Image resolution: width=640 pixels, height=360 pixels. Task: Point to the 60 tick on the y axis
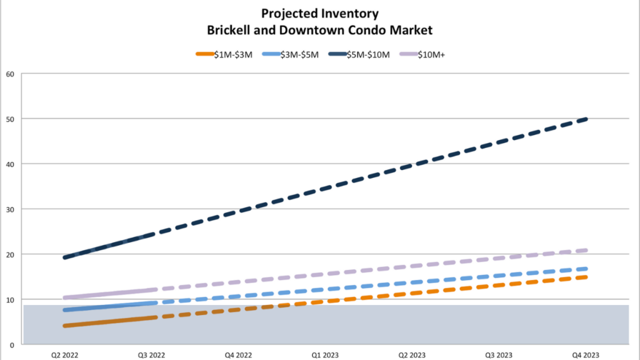(x=9, y=74)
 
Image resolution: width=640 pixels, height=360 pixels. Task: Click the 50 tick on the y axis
(x=9, y=119)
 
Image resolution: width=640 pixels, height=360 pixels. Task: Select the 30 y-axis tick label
(x=9, y=209)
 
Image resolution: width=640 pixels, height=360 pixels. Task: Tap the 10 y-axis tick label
(x=9, y=299)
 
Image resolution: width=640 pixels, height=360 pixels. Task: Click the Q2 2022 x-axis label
(x=65, y=354)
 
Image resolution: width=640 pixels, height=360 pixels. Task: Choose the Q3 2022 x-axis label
(x=151, y=354)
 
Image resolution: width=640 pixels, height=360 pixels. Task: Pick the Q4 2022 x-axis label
(x=238, y=354)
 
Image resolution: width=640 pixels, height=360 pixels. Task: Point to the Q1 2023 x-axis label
(x=325, y=354)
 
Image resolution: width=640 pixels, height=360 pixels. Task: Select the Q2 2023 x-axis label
(x=412, y=354)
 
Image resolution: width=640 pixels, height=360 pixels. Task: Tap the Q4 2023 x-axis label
(x=586, y=354)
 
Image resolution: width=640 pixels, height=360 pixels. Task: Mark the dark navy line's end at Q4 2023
(x=586, y=119)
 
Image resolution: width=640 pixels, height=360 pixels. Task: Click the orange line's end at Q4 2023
(x=586, y=277)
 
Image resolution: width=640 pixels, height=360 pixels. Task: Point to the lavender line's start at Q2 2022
(x=65, y=297)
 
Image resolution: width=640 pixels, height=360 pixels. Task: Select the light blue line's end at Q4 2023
(x=586, y=269)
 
